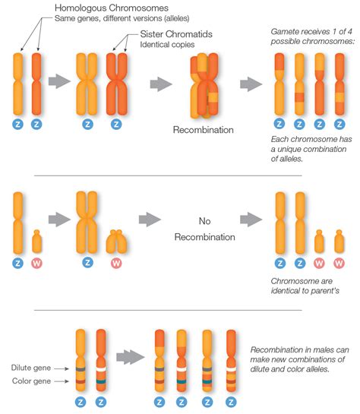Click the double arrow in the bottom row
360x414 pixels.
point(131,356)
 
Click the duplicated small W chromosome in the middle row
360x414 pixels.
point(116,241)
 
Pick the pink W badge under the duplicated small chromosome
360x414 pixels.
point(116,264)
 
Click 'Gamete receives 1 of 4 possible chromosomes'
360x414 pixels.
point(311,37)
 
